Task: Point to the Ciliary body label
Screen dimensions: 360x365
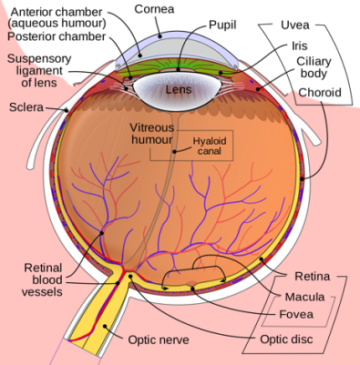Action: point(314,68)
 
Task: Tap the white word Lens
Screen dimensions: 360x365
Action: point(179,90)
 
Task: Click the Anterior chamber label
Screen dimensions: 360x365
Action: point(58,15)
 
